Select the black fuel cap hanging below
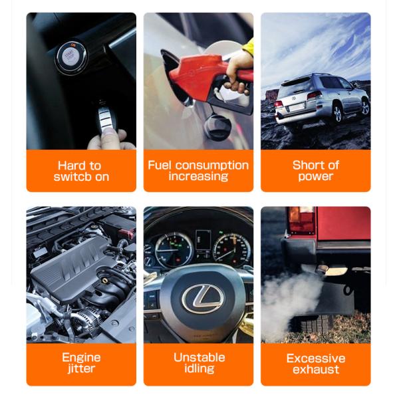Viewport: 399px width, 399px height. (217, 127)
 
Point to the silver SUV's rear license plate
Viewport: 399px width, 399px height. (296, 108)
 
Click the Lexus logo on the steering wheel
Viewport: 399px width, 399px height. (203, 299)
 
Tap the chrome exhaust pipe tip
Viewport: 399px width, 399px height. (331, 271)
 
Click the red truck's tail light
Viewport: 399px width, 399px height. (301, 221)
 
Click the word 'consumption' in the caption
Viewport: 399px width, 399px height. (212, 166)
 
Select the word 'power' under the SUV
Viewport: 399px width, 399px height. (315, 177)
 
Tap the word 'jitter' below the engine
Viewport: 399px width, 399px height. (81, 368)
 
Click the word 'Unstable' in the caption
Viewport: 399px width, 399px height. (199, 358)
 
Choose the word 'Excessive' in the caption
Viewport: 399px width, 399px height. (316, 358)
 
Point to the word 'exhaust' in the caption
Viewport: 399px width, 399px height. (316, 370)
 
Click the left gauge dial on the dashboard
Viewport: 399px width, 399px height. (174, 249)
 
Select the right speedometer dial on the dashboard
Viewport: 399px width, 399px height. (231, 250)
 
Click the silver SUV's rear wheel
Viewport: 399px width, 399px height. (337, 113)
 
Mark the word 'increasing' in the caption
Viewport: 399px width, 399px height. (198, 177)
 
